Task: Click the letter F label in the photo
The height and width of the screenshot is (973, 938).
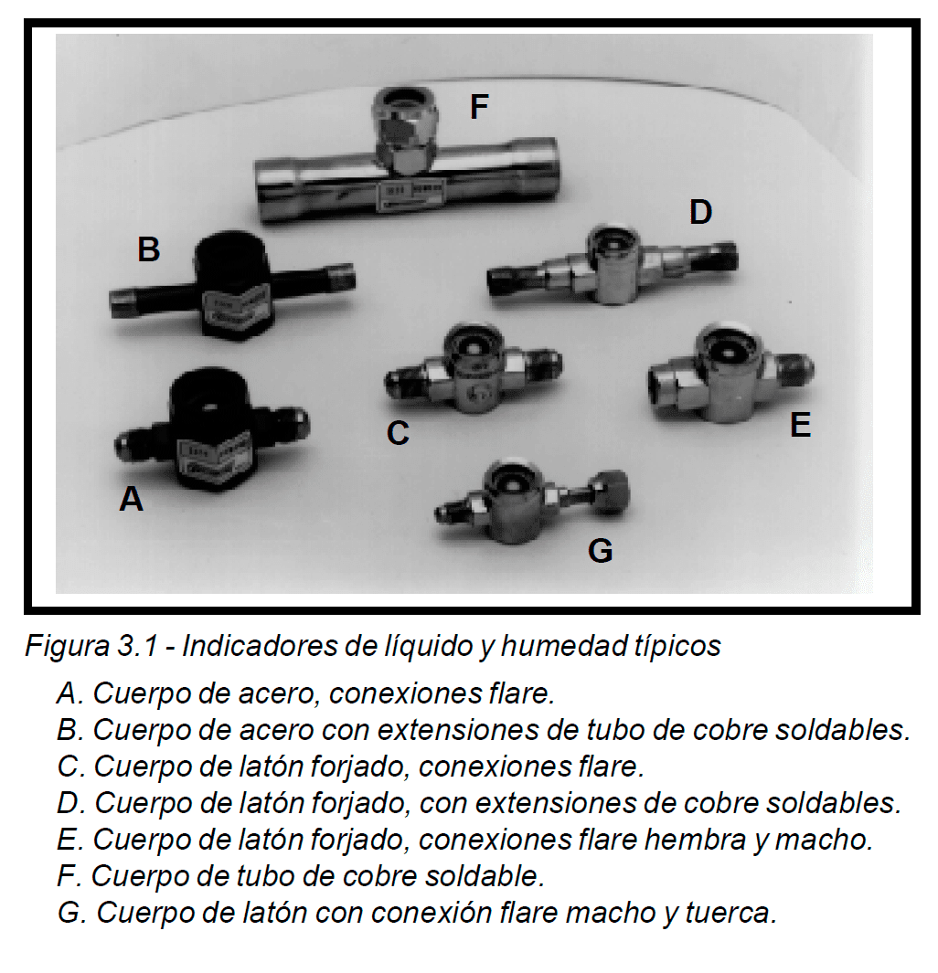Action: (479, 107)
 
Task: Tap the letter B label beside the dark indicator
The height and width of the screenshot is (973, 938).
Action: (149, 249)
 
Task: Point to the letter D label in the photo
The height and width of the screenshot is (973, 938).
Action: (701, 212)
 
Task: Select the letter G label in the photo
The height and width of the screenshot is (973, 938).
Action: (601, 550)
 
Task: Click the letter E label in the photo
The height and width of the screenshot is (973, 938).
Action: (800, 425)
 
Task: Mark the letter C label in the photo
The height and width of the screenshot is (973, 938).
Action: (398, 432)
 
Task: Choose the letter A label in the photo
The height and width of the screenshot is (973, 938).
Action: (132, 499)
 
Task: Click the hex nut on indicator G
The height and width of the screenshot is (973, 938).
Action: (610, 492)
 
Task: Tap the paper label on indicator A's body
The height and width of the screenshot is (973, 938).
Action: (214, 460)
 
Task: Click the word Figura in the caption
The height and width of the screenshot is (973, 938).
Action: (67, 646)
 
